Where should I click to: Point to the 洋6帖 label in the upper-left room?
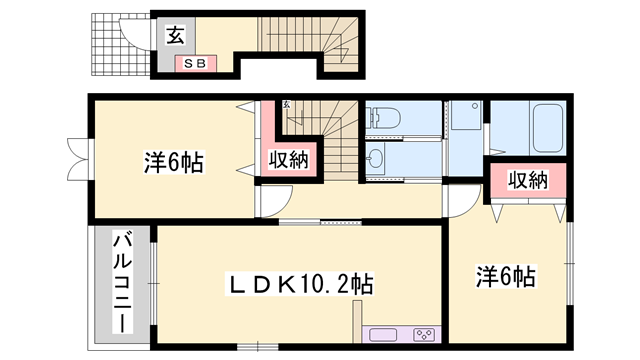pos(172,161)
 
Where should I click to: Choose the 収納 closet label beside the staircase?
pos(287,159)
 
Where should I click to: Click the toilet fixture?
pos(385,118)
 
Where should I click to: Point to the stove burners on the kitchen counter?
pos(424,334)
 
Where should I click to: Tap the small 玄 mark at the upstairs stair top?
pos(286,104)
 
